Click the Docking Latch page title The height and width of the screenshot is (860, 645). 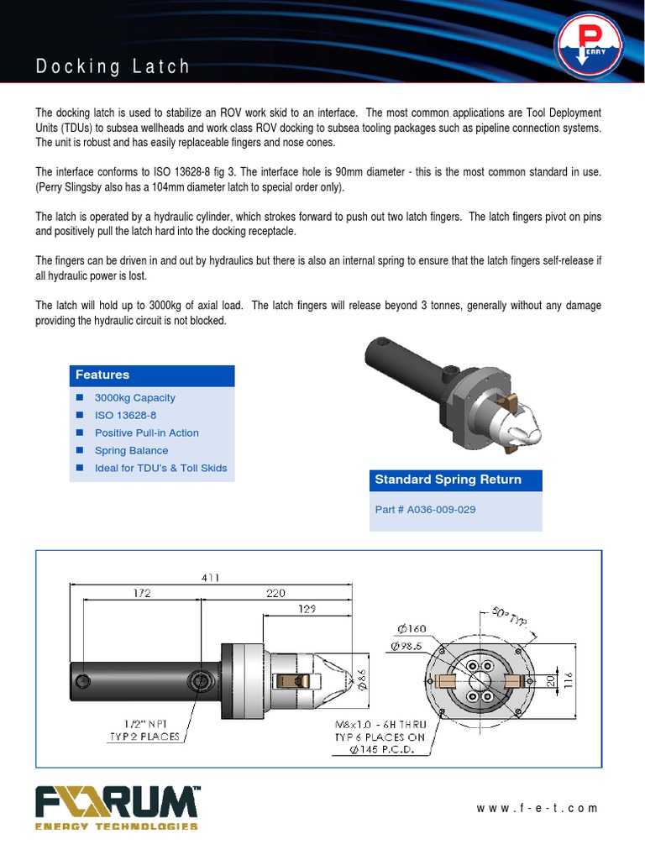pyautogui.click(x=113, y=66)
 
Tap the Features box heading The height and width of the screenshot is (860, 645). pyautogui.click(x=102, y=375)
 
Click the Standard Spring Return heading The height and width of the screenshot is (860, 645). pyautogui.click(x=448, y=480)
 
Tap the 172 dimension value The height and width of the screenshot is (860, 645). pyautogui.click(x=141, y=593)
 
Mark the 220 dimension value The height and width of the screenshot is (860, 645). pyautogui.click(x=277, y=593)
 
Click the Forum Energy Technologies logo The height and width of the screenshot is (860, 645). pyautogui.click(x=117, y=808)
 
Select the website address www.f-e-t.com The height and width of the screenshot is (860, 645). pyautogui.click(x=537, y=809)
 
